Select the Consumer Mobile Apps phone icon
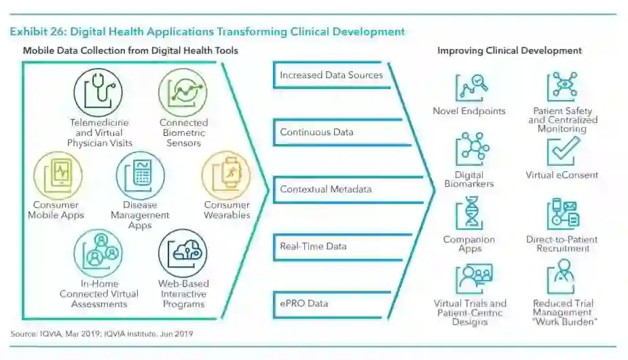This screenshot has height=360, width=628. [x=57, y=175]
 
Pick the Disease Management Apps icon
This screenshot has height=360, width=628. [x=140, y=175]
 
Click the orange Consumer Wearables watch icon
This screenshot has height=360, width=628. [x=226, y=175]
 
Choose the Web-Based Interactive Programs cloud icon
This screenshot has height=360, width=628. [x=183, y=253]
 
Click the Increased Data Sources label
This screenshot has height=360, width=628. [x=331, y=75]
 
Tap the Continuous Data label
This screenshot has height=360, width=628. [x=317, y=132]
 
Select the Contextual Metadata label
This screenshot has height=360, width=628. [x=326, y=190]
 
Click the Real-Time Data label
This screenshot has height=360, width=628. [x=313, y=246]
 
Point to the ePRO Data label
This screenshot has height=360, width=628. [x=304, y=303]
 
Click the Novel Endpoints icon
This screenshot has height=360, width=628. [x=473, y=87]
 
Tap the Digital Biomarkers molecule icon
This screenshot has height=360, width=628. [x=469, y=149]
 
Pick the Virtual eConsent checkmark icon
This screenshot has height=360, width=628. [x=563, y=150]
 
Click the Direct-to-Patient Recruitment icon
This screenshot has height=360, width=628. [x=563, y=213]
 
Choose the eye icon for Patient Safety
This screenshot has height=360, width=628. [x=561, y=86]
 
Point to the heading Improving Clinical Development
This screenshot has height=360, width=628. [x=509, y=50]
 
